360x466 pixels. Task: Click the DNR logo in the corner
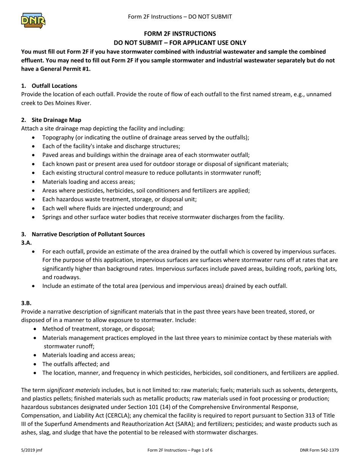[x=33, y=20]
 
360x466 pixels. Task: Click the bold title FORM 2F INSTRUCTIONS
[x=180, y=34]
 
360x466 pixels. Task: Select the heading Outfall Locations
[x=54, y=86]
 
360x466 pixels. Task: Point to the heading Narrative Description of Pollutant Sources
[x=88, y=234]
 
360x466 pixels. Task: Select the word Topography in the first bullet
[x=60, y=138]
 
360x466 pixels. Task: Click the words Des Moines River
[x=68, y=103]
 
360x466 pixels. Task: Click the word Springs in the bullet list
[x=52, y=217]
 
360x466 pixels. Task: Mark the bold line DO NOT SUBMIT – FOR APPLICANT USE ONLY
[x=180, y=43]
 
